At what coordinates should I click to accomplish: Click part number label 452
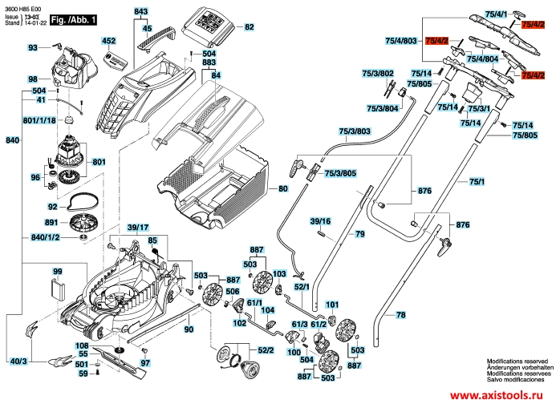point(108,40)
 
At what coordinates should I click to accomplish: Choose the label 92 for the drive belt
point(51,206)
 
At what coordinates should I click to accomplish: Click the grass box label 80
point(282,190)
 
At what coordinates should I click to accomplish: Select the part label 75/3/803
point(355,131)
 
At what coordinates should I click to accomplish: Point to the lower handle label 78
point(401,316)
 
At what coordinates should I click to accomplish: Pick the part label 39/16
point(320,220)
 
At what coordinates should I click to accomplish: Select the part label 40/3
point(18,362)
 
